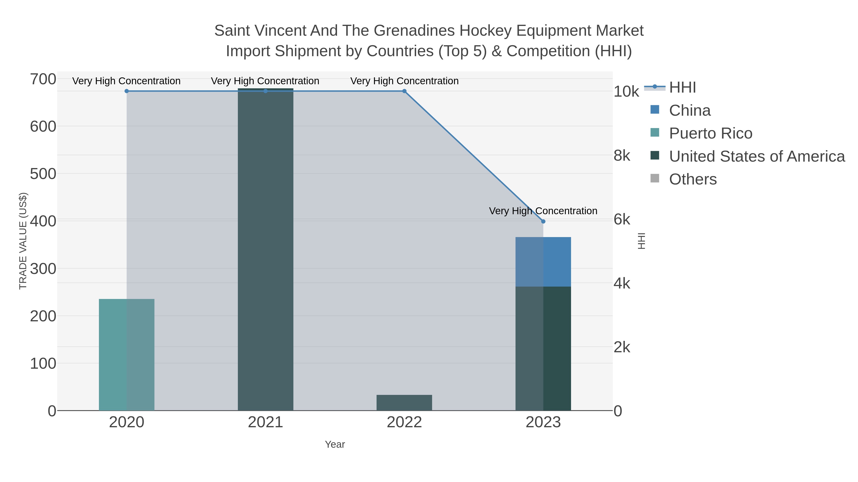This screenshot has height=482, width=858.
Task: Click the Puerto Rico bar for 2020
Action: (127, 355)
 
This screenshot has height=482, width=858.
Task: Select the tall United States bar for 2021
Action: (266, 249)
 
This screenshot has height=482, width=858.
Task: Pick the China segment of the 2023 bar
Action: (543, 262)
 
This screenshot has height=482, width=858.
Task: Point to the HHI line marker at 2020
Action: (127, 91)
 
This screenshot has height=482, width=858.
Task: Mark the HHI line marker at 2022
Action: (404, 91)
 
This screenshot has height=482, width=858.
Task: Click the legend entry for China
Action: (689, 110)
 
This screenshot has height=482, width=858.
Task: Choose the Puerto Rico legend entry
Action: (710, 133)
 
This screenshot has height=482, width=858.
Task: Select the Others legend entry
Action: (693, 179)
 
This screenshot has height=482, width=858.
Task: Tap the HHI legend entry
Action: (682, 88)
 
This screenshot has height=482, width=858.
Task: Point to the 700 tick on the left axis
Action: (43, 80)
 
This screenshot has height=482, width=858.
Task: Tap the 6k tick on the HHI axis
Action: (622, 219)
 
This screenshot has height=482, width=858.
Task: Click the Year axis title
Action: (335, 444)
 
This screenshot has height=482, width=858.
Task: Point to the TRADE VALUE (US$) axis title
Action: (23, 241)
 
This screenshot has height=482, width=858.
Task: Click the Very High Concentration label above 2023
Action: (543, 211)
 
